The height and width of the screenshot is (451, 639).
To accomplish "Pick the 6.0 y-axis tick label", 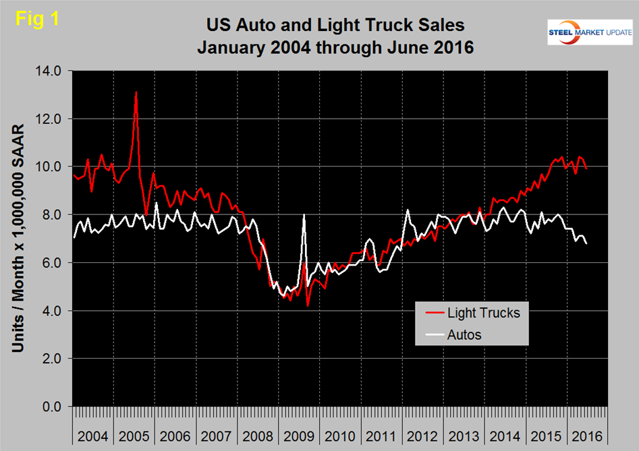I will pos(51,263).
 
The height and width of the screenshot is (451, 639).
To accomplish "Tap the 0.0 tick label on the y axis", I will pos(51,407).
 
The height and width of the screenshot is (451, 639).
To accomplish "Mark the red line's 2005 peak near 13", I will pos(136,92).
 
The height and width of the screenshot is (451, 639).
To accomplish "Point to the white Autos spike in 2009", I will pos(304,215).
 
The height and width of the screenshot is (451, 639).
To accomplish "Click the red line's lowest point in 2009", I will pos(308,305).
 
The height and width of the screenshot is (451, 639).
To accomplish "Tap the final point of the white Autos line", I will pos(586,243).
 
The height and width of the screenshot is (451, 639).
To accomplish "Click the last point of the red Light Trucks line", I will pos(586,169).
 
